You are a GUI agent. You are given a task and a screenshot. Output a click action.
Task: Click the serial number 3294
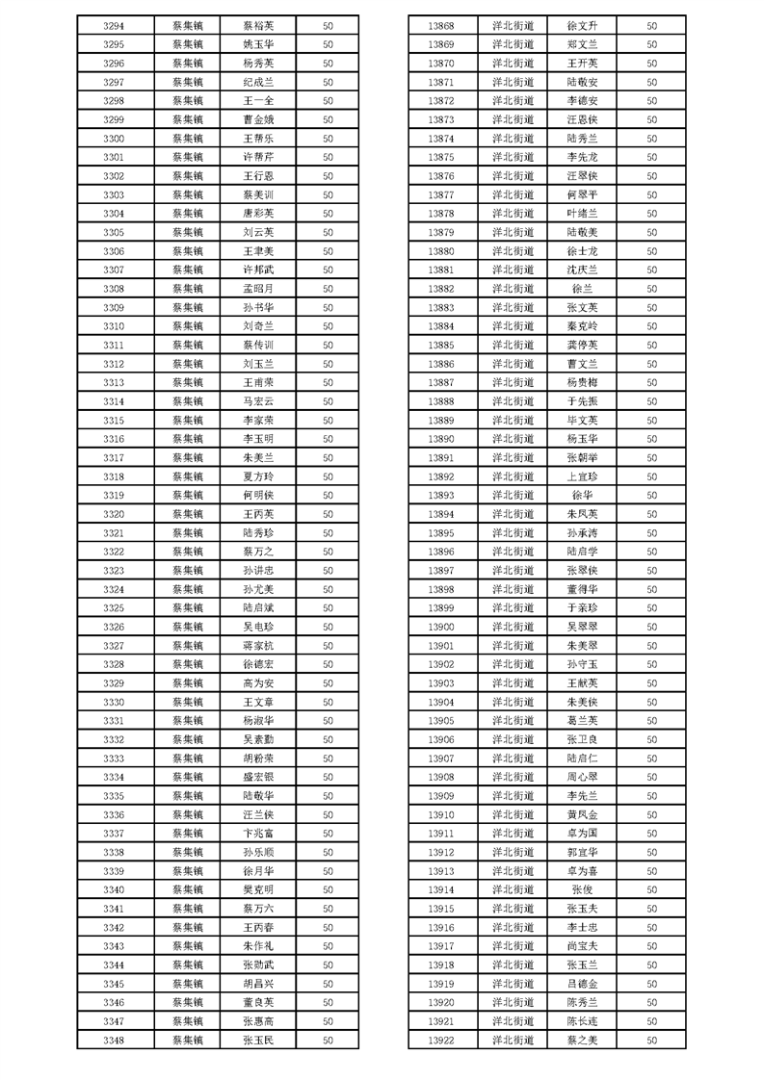pyautogui.click(x=113, y=25)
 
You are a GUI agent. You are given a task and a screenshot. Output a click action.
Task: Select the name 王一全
pyautogui.click(x=259, y=100)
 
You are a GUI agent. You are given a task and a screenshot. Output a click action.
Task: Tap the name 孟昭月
pyautogui.click(x=259, y=289)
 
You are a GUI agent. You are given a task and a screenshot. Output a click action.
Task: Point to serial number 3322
pyautogui.click(x=113, y=552)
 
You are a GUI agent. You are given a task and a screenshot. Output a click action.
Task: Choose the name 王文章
pyautogui.click(x=259, y=702)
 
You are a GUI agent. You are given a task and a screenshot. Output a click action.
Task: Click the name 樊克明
pyautogui.click(x=259, y=889)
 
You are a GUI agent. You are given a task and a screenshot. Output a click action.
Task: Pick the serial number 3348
pyautogui.click(x=113, y=1040)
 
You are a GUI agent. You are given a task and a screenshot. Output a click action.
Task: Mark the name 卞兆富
pyautogui.click(x=259, y=834)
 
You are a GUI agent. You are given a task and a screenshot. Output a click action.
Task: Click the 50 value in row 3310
pyautogui.click(x=328, y=326)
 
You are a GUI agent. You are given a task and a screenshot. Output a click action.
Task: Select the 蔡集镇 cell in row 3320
pyautogui.click(x=188, y=514)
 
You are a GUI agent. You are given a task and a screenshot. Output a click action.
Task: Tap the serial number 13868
pyautogui.click(x=440, y=25)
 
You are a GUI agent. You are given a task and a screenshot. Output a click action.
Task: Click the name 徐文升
pyautogui.click(x=583, y=25)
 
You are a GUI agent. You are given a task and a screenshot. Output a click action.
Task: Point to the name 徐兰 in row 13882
pyautogui.click(x=583, y=289)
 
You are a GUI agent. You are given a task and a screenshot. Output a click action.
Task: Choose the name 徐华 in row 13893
pyautogui.click(x=583, y=495)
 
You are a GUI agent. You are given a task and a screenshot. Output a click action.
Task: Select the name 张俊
pyautogui.click(x=583, y=889)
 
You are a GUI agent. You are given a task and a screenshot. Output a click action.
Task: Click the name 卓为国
pyautogui.click(x=583, y=834)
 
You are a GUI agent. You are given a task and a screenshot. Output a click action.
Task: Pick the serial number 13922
pyautogui.click(x=440, y=1040)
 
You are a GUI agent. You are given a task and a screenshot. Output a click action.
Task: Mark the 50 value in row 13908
pyautogui.click(x=652, y=777)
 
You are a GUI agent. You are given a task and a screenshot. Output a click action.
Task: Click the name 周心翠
pyautogui.click(x=583, y=777)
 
